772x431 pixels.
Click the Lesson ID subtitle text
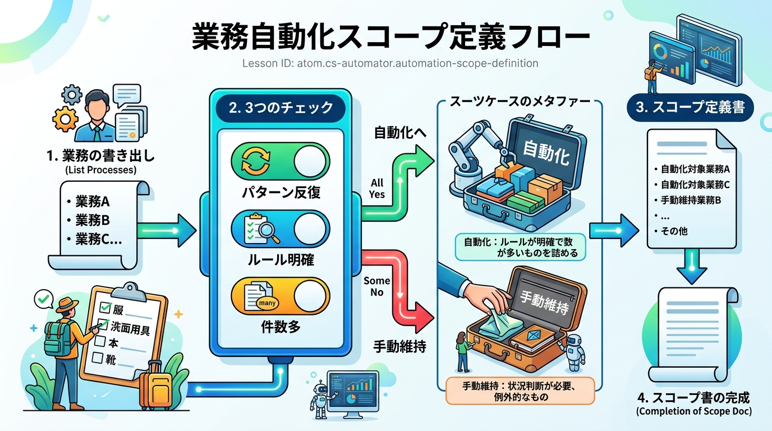pos(390,63)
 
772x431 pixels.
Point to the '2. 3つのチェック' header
pos(281,107)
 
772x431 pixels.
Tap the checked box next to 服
pos(104,307)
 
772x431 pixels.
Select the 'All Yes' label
pos(377,189)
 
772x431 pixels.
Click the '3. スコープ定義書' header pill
pos(690,107)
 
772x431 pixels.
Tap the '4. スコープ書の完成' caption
pos(693,399)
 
